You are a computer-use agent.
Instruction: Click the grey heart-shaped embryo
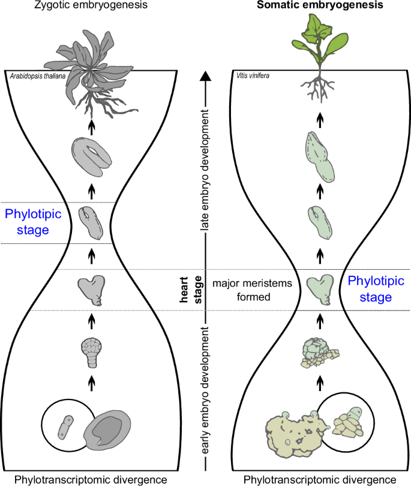[x=92, y=287]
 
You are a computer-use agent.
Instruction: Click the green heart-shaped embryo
[x=319, y=287]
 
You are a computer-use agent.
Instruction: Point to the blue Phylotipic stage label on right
[x=371, y=288]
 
